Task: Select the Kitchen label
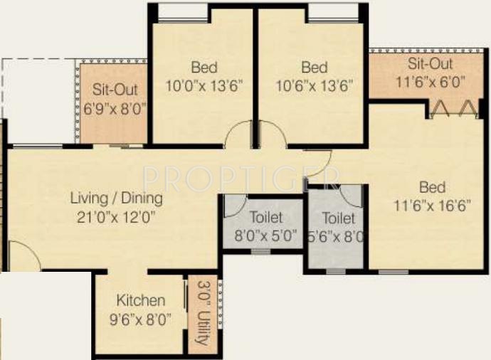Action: click(x=141, y=301)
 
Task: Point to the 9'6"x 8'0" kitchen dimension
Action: click(x=141, y=319)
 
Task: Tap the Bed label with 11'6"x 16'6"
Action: click(x=432, y=188)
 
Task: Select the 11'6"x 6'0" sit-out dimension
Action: click(x=431, y=81)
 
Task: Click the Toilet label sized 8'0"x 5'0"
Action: click(x=266, y=217)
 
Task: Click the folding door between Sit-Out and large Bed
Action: click(x=451, y=107)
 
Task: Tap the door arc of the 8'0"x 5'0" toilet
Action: click(x=234, y=206)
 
